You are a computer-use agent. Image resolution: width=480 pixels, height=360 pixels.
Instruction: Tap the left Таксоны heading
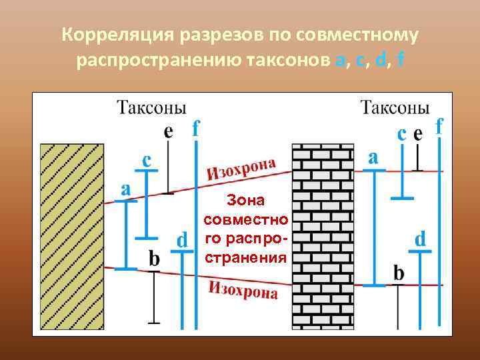[x=151, y=107]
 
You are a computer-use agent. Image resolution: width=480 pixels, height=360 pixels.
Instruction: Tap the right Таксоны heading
[x=395, y=107]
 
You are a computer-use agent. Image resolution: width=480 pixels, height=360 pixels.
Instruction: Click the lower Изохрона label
[x=243, y=291]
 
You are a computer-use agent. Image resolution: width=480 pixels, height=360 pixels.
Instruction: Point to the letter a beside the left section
[x=126, y=188]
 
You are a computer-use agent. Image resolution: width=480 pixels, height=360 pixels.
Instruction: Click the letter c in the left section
[x=147, y=160]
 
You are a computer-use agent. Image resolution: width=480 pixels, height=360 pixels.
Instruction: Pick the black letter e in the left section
[x=169, y=131]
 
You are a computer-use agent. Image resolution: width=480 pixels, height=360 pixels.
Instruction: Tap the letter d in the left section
[x=181, y=239]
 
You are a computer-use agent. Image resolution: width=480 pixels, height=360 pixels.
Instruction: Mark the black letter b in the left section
[x=154, y=259]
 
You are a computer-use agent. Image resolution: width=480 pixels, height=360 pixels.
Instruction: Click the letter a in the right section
[x=373, y=157]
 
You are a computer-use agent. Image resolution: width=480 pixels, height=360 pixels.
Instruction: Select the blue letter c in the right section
[x=402, y=134]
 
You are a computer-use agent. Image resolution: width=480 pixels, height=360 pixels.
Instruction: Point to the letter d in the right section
[x=421, y=239]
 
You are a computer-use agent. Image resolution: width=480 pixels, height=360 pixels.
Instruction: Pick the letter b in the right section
[x=399, y=272]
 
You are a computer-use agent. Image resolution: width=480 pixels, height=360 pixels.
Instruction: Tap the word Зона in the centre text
[x=246, y=199]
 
